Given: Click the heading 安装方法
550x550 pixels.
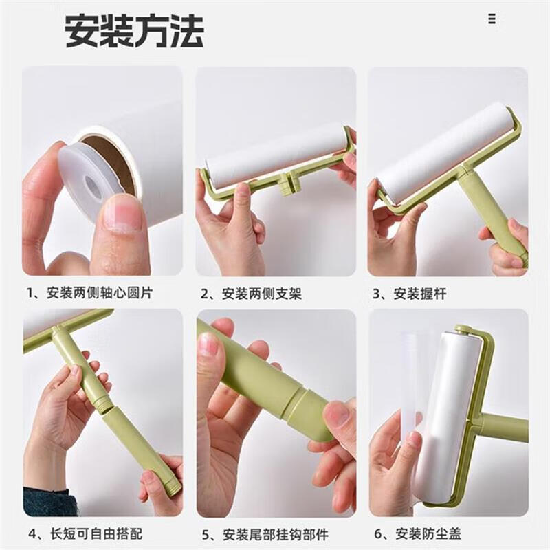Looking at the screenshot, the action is [x=134, y=30].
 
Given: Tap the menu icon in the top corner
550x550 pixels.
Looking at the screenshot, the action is [x=492, y=19].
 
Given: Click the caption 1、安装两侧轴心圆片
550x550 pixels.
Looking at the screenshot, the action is [x=90, y=293].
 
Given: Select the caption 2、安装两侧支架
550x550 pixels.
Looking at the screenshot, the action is [x=251, y=294].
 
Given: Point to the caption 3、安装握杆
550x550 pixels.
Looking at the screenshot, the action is [x=409, y=294].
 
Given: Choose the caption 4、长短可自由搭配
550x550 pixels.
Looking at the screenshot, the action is [x=85, y=533].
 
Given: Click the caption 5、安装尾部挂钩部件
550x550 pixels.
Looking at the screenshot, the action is [x=265, y=535].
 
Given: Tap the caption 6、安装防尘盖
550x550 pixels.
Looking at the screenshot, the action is [x=417, y=534].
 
